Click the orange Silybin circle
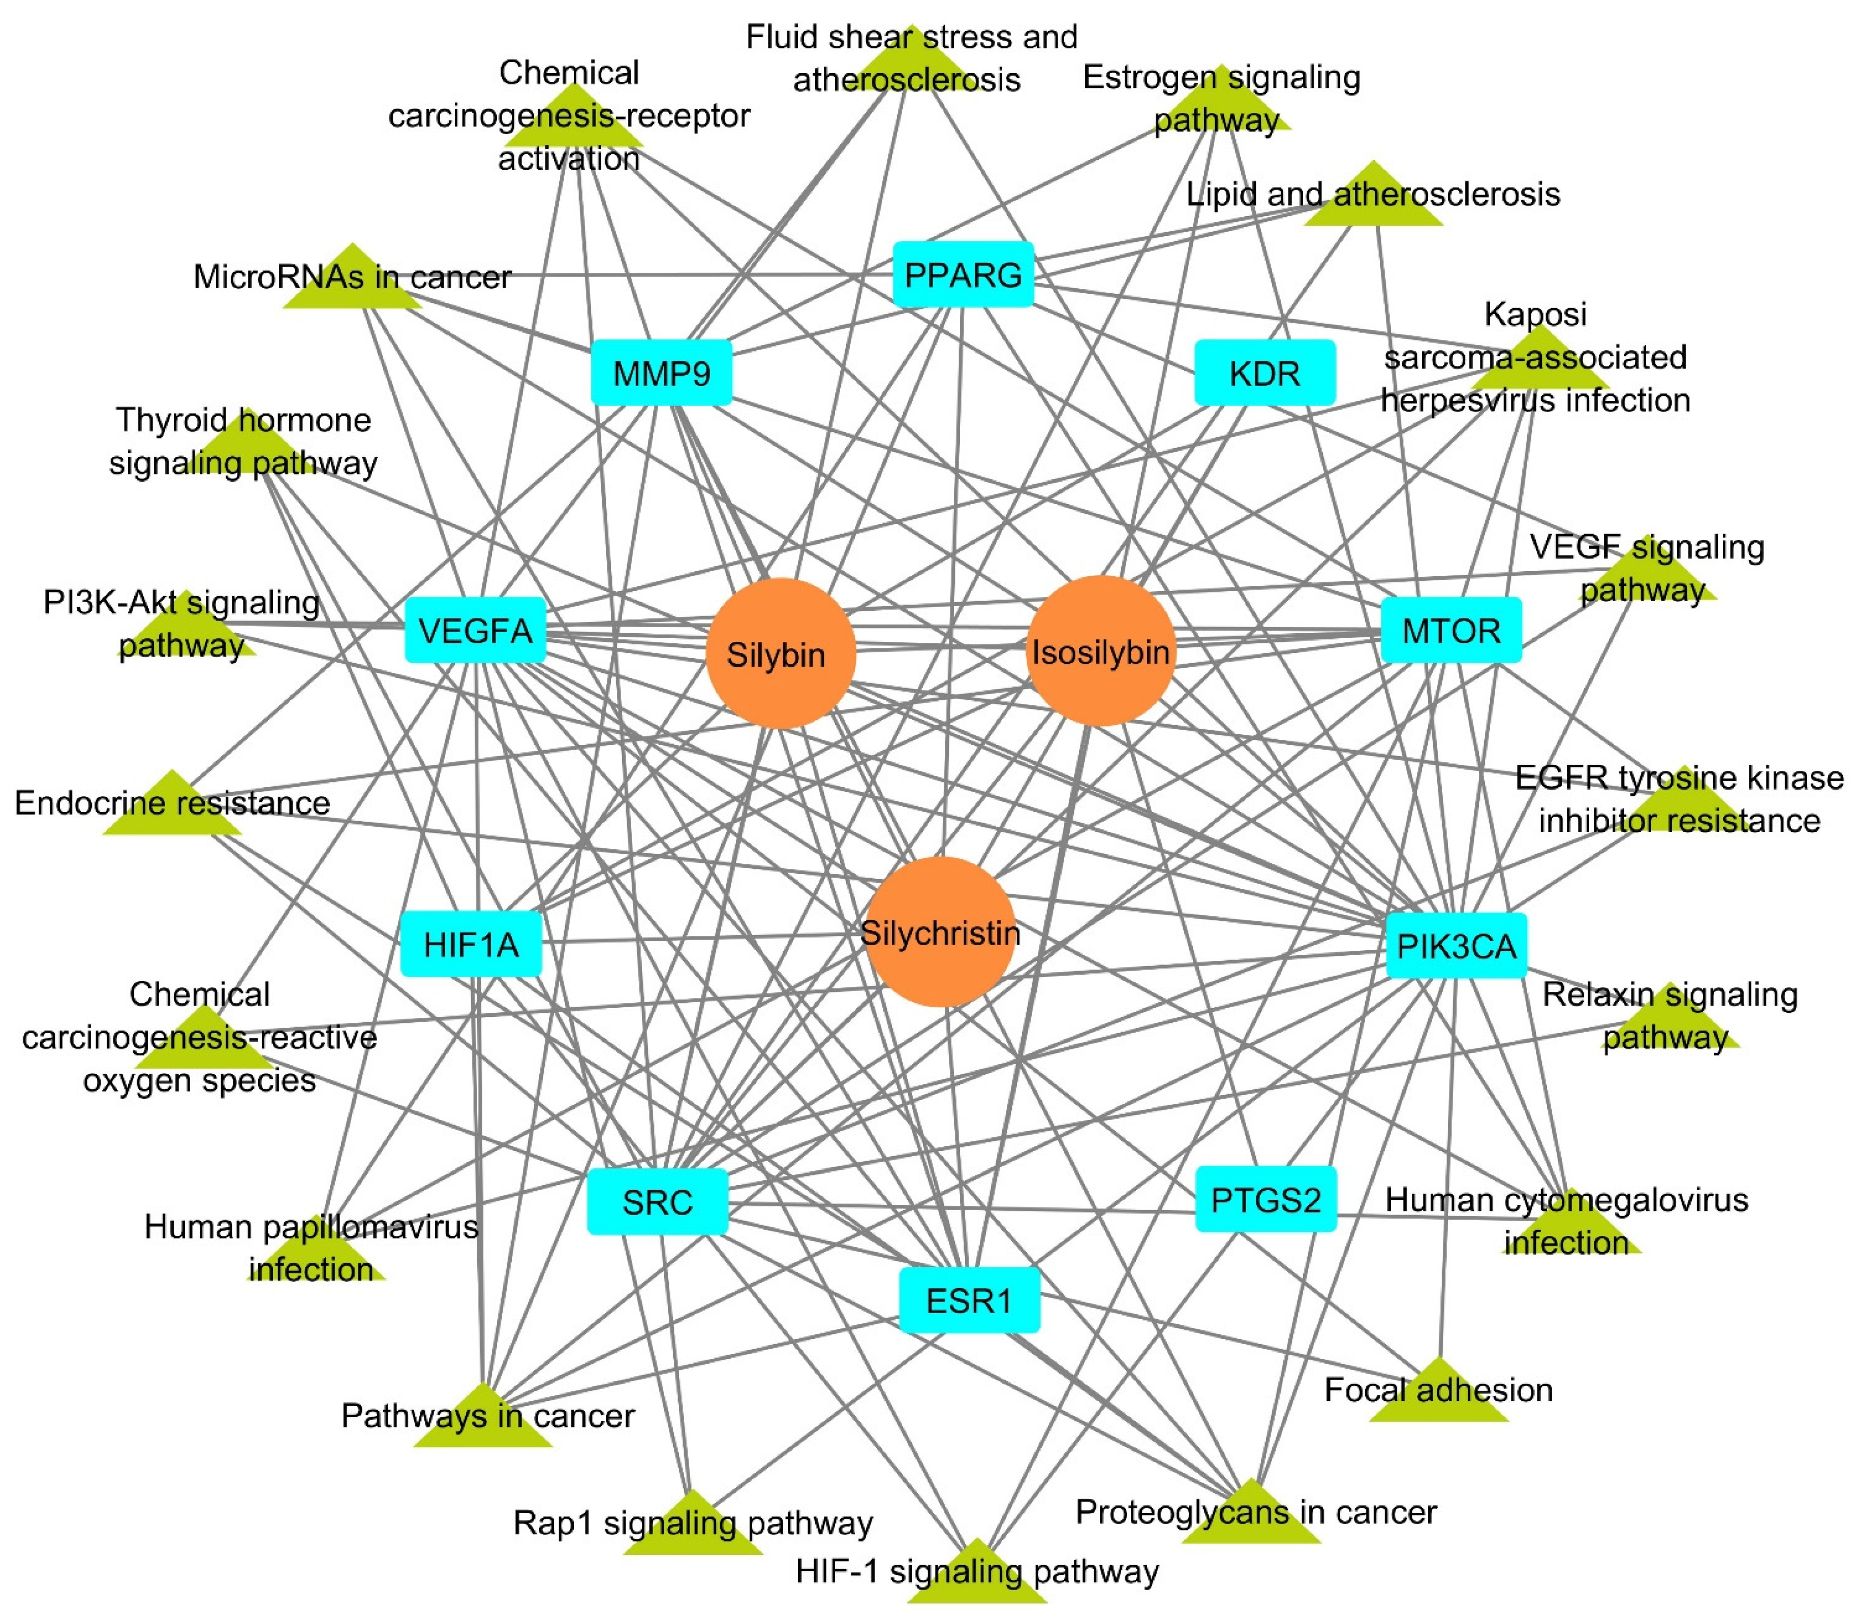point(780,653)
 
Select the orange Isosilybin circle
point(1100,650)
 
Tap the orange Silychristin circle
point(940,931)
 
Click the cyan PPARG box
point(963,274)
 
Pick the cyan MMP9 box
point(661,372)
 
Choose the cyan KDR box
point(1264,372)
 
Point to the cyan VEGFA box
point(475,630)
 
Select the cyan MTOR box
point(1451,630)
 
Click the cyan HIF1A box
point(471,944)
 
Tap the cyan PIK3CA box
point(1456,945)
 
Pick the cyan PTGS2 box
point(1265,1199)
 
